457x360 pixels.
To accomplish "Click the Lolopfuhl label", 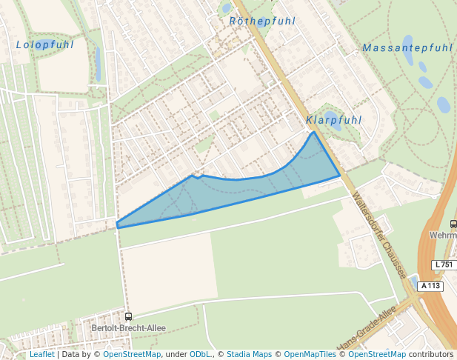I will pos(45,45).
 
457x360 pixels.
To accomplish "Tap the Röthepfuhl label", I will pos(262,21).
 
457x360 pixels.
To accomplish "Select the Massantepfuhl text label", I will pos(407,48).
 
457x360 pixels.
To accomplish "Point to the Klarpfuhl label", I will pos(334,120).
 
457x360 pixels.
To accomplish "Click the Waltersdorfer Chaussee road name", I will pos(379,236).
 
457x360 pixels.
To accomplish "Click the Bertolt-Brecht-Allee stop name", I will pos(127,327).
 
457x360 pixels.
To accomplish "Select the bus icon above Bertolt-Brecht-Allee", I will pos(128,317).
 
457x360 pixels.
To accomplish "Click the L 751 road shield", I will pos(443,264).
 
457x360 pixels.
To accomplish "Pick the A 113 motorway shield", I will pos(430,286).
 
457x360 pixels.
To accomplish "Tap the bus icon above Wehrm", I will pos(453,224).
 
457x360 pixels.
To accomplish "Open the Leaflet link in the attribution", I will pos(41,355).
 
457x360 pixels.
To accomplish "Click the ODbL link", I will pos(201,355).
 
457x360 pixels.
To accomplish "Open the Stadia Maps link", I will pos(249,355).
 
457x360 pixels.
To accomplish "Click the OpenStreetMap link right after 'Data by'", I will pos(132,355).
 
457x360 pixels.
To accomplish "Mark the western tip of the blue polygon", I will pos(117,225).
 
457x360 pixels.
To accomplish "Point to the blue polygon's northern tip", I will pos(313,133).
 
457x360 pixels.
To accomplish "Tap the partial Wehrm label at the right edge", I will pos(443,235).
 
